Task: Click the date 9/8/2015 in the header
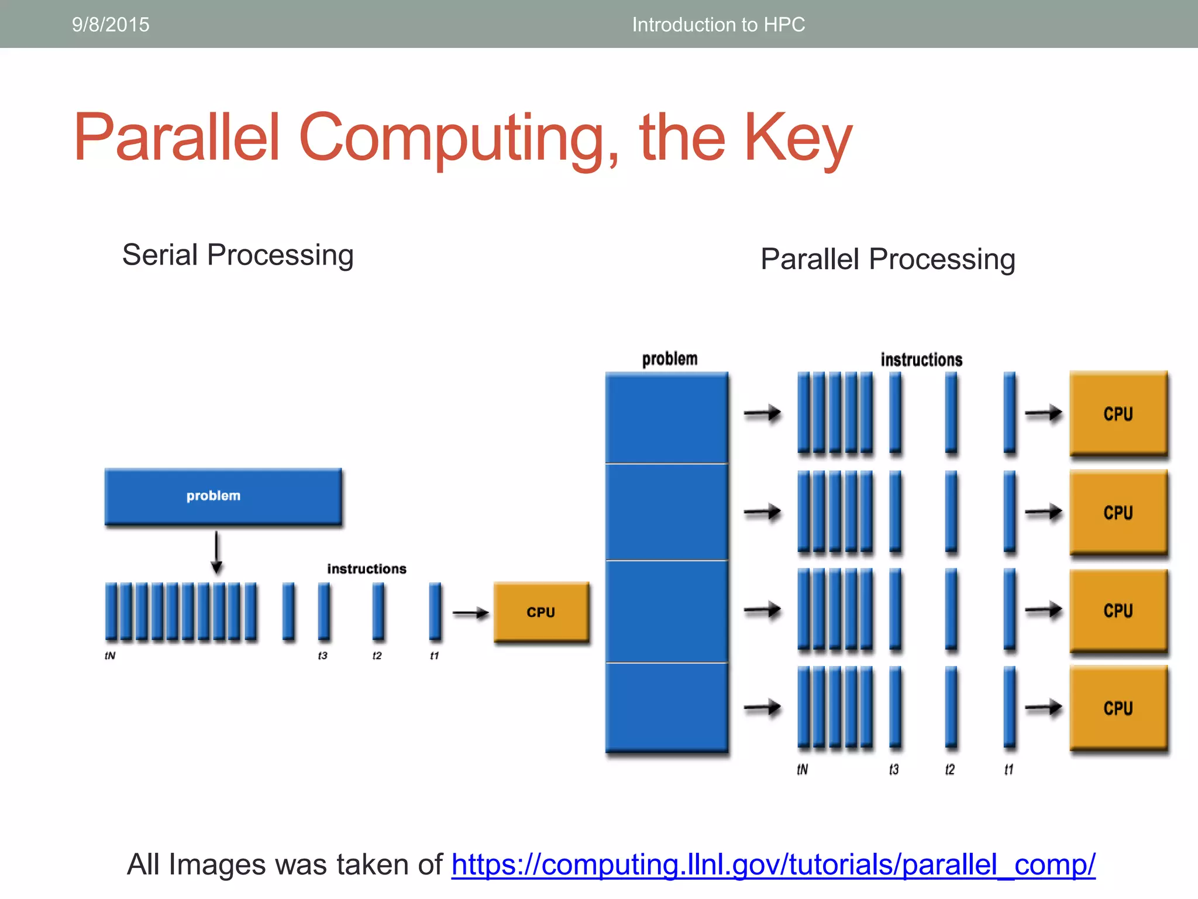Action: pos(111,25)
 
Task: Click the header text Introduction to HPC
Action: pos(718,25)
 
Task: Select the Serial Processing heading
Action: pos(237,255)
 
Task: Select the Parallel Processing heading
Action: pos(887,259)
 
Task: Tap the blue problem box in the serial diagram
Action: pos(223,496)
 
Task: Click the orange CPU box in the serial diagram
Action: pos(541,612)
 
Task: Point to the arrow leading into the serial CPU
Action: pos(470,613)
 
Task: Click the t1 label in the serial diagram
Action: pos(434,656)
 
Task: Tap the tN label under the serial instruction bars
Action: pos(110,656)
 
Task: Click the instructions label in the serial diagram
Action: pos(367,569)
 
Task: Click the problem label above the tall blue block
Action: pos(670,359)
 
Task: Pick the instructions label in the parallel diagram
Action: pos(921,359)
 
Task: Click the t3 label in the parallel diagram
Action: pos(894,769)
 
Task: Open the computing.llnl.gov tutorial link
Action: pos(773,864)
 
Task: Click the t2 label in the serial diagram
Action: pos(377,656)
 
